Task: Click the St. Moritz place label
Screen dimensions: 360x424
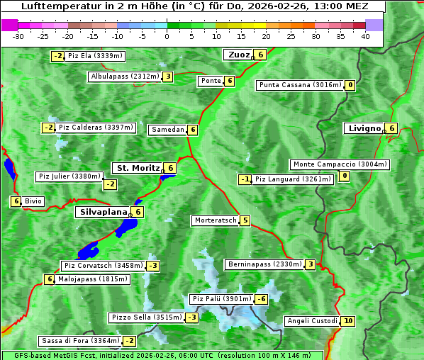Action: click(x=138, y=168)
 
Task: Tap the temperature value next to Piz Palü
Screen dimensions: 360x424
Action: click(x=262, y=299)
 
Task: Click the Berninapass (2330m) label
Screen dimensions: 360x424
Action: click(x=265, y=264)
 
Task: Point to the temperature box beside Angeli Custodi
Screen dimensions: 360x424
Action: click(x=347, y=321)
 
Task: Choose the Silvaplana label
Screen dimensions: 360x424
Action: click(x=103, y=211)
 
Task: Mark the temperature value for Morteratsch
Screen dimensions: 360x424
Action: click(x=245, y=220)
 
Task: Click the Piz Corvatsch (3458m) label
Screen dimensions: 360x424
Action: click(x=103, y=266)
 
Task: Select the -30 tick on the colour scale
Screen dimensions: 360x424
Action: click(x=18, y=35)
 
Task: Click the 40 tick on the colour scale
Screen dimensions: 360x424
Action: click(x=365, y=35)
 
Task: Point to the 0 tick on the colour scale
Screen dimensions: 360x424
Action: click(x=167, y=35)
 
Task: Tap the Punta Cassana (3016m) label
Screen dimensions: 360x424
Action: click(x=300, y=85)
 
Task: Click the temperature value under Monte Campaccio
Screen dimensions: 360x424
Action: click(x=345, y=176)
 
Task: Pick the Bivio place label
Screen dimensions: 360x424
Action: click(x=33, y=201)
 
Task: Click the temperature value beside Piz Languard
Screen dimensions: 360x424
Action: click(x=245, y=179)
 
